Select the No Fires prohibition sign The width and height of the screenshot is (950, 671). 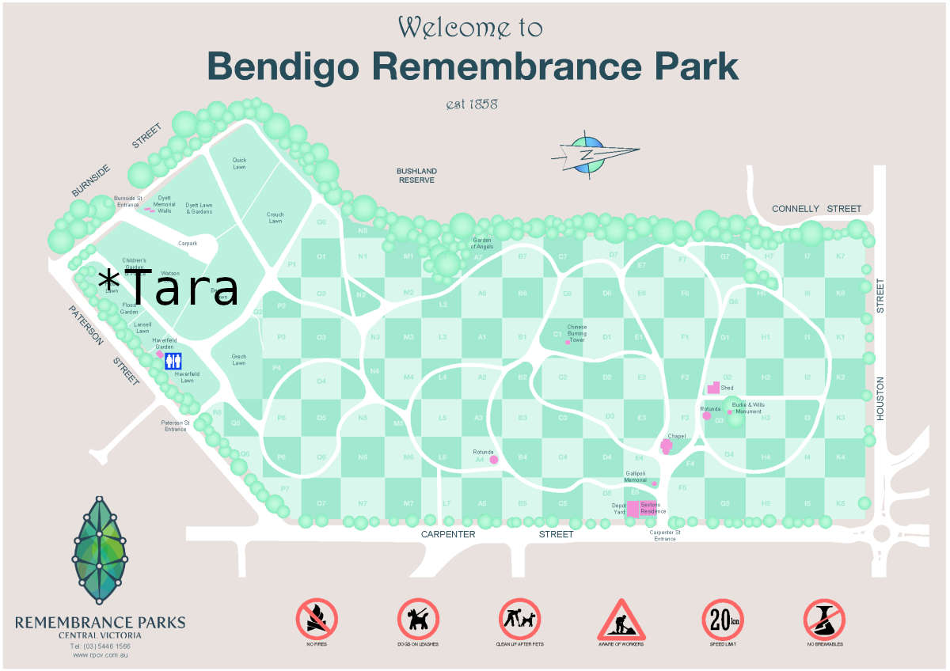[317, 618]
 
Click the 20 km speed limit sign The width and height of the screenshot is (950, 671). [723, 618]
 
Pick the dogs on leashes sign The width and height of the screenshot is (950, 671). [418, 618]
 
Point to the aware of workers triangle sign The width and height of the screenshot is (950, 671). [621, 620]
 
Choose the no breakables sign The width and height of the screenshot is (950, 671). [824, 618]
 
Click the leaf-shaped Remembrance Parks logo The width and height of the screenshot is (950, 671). [100, 550]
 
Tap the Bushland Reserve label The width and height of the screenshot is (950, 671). [416, 176]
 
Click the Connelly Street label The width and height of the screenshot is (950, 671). [816, 209]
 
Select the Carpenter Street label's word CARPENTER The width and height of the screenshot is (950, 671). [449, 535]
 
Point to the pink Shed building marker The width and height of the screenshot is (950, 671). [713, 389]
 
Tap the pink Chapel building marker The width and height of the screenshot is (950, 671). [667, 447]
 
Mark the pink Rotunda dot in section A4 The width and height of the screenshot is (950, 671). [493, 459]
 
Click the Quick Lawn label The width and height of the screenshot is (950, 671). [239, 164]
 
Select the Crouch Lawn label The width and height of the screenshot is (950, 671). [275, 218]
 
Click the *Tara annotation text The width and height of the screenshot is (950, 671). [168, 288]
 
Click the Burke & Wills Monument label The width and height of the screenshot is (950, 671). [747, 408]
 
